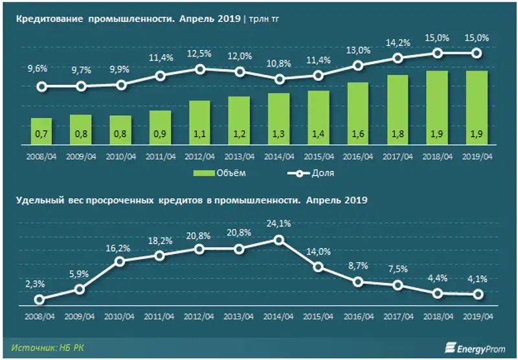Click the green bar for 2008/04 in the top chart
pyautogui.click(x=41, y=132)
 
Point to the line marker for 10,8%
pyautogui.click(x=279, y=79)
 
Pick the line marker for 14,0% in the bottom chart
pyautogui.click(x=319, y=267)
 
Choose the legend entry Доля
pyautogui.click(x=308, y=173)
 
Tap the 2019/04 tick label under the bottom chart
pyautogui.click(x=477, y=317)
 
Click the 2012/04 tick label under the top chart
pyautogui.click(x=199, y=156)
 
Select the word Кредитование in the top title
pyautogui.click(x=43, y=19)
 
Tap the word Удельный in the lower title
pyautogui.click(x=36, y=200)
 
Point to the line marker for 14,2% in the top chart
pyautogui.click(x=398, y=58)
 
